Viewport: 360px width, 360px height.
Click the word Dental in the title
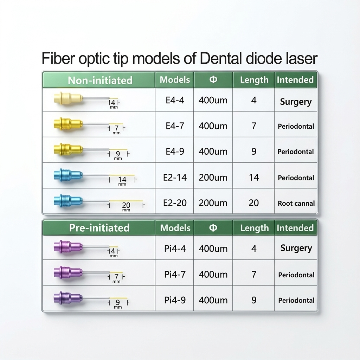click(x=220, y=58)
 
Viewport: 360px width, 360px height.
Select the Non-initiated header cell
click(x=100, y=80)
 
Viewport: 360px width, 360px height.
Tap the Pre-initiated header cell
click(x=99, y=228)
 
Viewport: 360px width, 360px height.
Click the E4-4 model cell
click(x=175, y=100)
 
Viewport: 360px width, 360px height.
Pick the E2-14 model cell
click(x=175, y=177)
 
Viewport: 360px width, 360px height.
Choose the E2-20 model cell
click(x=175, y=203)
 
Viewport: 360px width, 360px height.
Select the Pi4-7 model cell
click(x=175, y=274)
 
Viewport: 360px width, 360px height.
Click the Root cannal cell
click(x=296, y=203)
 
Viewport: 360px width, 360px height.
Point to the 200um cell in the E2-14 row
click(x=213, y=177)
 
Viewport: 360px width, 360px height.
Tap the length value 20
click(x=253, y=203)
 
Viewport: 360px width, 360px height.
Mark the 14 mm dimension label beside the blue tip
click(x=122, y=180)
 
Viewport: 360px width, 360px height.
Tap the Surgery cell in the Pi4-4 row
click(x=296, y=248)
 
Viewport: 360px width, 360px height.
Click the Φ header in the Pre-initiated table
click(x=213, y=228)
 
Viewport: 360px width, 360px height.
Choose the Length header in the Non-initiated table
click(x=254, y=80)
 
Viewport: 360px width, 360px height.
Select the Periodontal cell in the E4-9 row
click(x=296, y=152)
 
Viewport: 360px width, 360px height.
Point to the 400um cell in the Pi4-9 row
click(x=213, y=300)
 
